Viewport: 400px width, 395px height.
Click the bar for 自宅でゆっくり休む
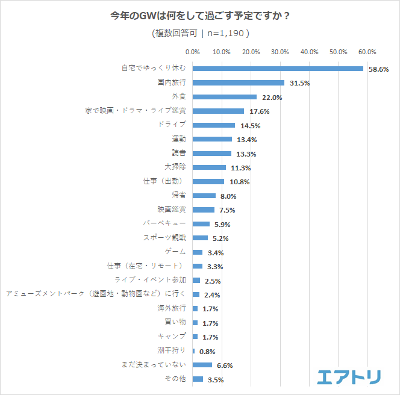pyautogui.click(x=278, y=69)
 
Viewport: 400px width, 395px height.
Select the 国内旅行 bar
pyautogui.click(x=239, y=82)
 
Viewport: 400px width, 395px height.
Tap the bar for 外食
pyautogui.click(x=225, y=97)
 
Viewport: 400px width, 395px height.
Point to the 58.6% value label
pyautogui.click(x=378, y=69)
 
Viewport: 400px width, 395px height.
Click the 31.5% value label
pyautogui.click(x=299, y=83)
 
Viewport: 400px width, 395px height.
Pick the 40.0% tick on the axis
pyautogui.click(x=309, y=52)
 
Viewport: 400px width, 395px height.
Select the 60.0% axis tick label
pyautogui.click(x=367, y=52)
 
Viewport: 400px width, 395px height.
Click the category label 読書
pyautogui.click(x=178, y=152)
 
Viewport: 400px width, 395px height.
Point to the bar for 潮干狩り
pyautogui.click(x=193, y=351)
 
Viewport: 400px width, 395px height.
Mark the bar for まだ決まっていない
pyautogui.click(x=202, y=365)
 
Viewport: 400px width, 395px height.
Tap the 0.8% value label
pyautogui.click(x=207, y=352)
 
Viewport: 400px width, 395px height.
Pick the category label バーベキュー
pyautogui.click(x=164, y=223)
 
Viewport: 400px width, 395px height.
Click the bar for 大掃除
pyautogui.click(x=209, y=167)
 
